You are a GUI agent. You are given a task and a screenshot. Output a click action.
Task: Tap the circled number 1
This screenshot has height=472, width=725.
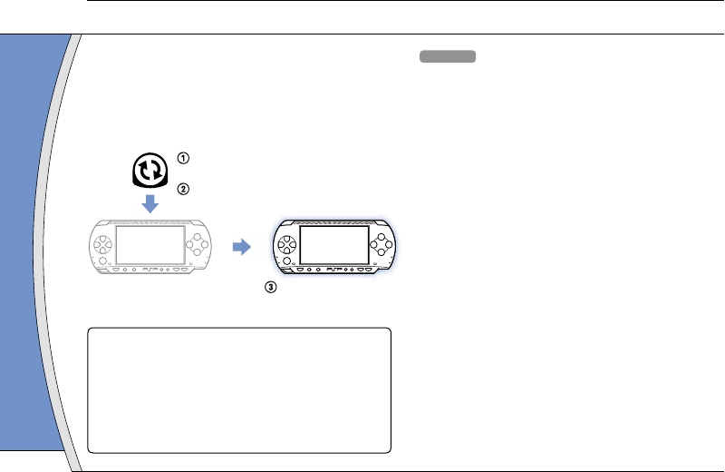(x=184, y=158)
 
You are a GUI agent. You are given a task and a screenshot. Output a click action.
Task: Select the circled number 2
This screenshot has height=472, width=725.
(x=184, y=190)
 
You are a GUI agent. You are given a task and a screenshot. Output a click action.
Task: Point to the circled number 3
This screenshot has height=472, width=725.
(x=268, y=288)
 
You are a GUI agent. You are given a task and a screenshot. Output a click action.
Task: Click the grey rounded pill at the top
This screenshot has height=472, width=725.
(x=448, y=57)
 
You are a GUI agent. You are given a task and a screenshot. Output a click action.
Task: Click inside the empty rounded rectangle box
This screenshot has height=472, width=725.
(x=239, y=390)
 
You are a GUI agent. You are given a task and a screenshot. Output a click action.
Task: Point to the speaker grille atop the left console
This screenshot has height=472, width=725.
(x=150, y=221)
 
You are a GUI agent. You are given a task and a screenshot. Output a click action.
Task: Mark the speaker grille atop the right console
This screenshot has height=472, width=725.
(x=334, y=221)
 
